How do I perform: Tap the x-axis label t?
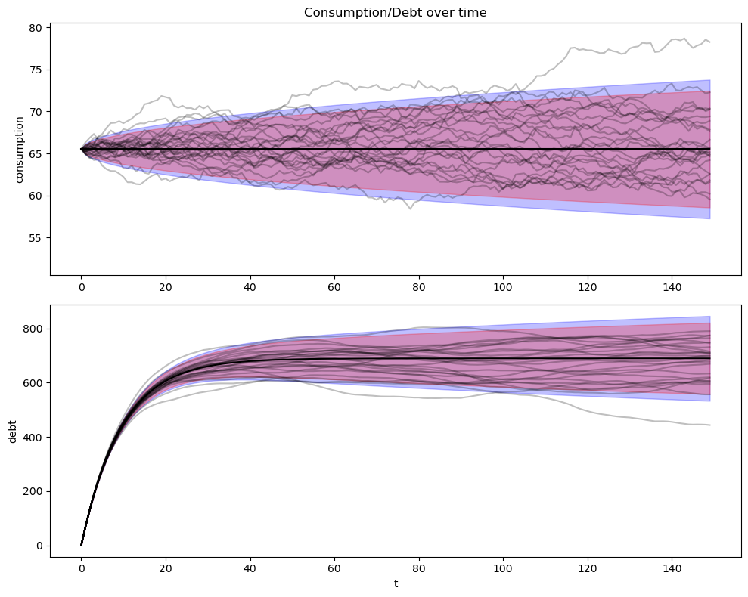(395, 583)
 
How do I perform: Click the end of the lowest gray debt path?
(709, 425)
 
